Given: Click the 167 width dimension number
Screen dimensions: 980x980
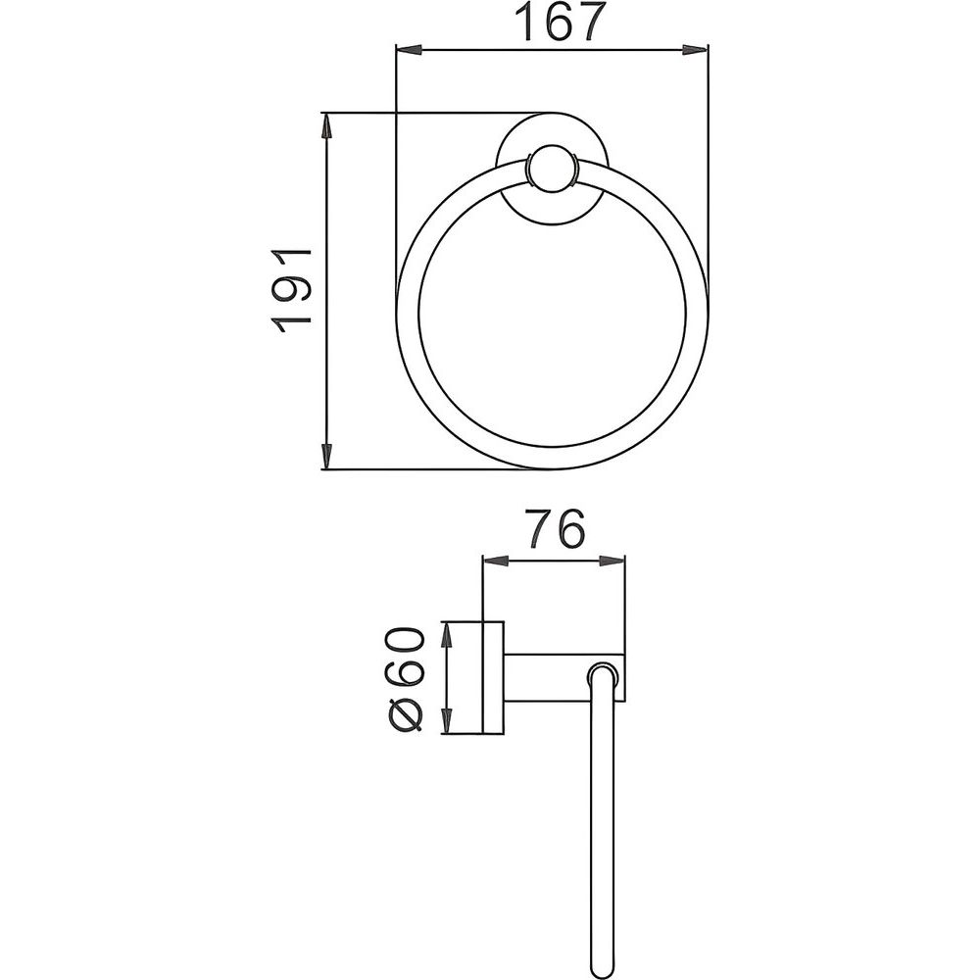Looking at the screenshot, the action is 565,22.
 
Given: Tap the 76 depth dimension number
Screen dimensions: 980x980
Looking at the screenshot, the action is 555,529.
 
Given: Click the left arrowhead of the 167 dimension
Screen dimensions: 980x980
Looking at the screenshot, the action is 410,50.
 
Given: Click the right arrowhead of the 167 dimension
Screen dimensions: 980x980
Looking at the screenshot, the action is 695,50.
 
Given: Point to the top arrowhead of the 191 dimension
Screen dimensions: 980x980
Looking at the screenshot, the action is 325,125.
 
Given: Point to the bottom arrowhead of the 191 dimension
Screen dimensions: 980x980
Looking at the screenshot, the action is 325,457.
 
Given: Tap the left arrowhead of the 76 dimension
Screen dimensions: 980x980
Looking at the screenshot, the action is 496,562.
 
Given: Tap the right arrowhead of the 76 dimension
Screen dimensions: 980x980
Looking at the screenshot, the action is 612,562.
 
